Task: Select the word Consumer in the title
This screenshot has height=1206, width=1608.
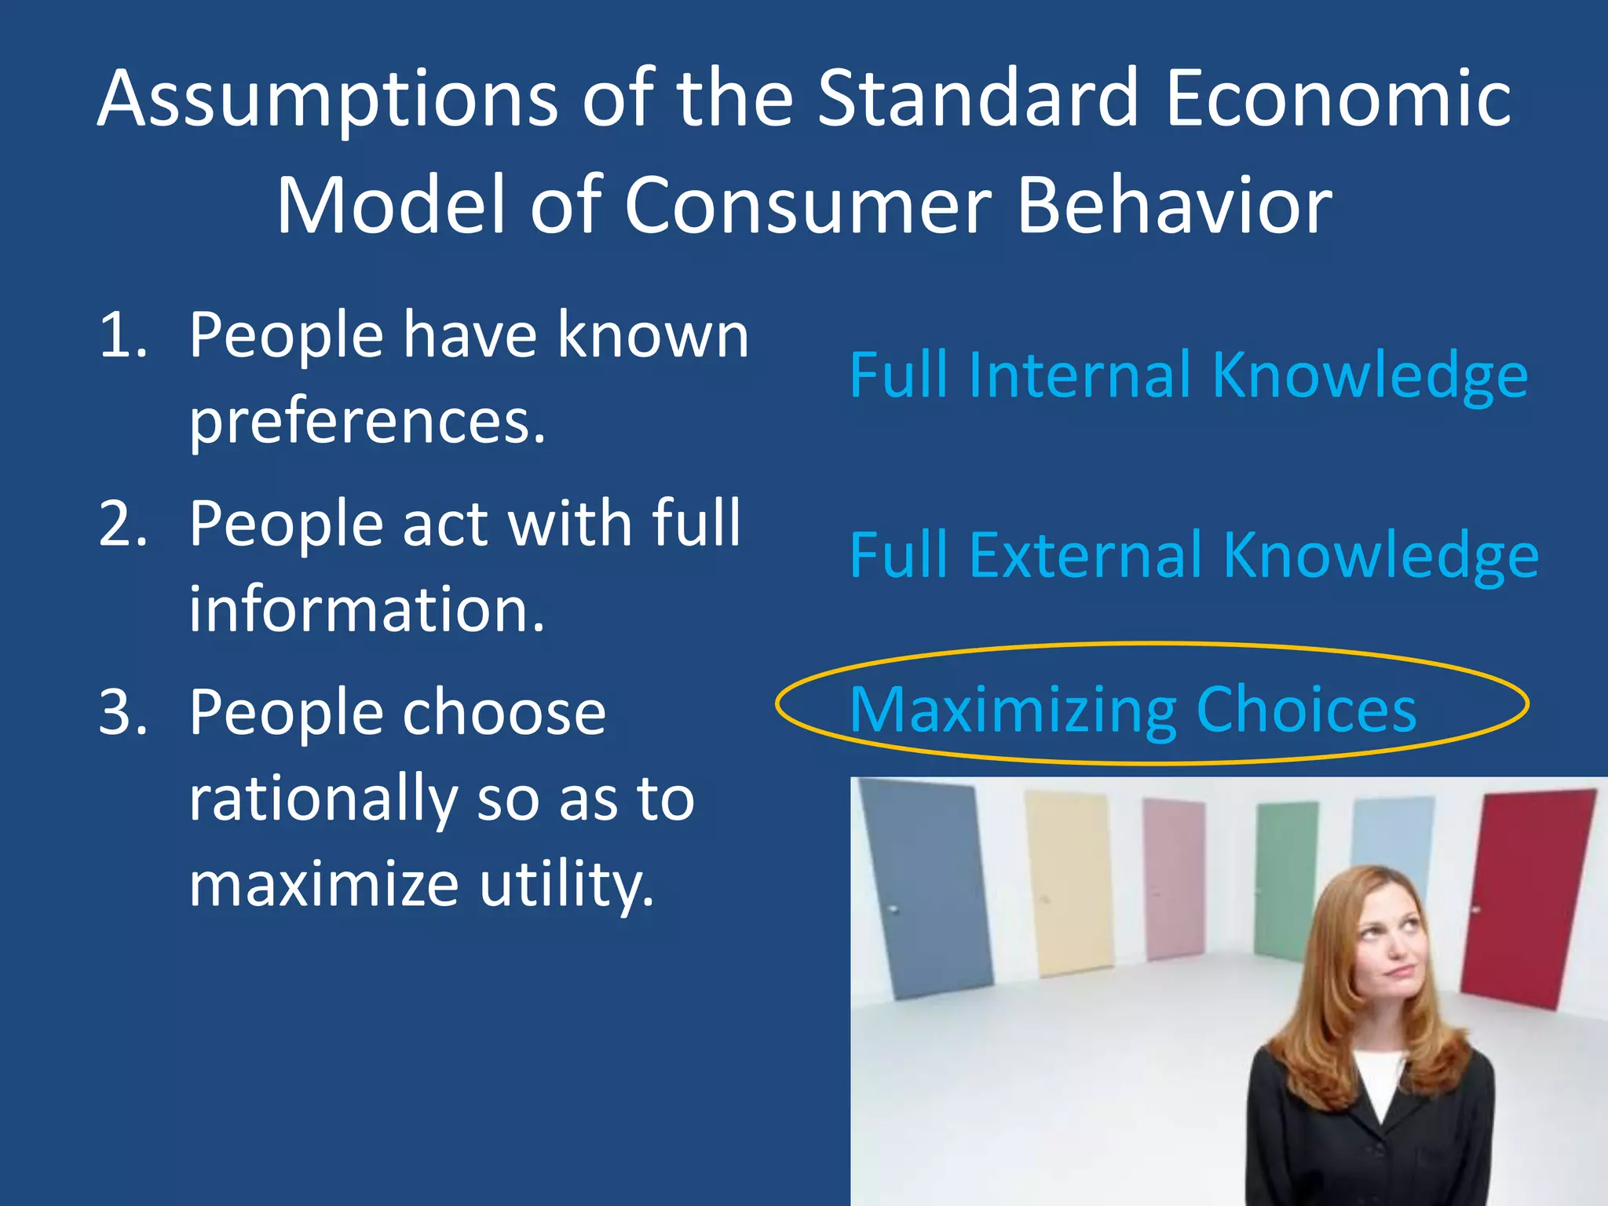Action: point(809,206)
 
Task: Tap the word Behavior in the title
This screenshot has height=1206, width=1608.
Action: point(1175,206)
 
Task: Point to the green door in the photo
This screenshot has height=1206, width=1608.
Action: point(1286,872)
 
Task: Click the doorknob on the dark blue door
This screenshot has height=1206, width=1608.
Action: point(894,909)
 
